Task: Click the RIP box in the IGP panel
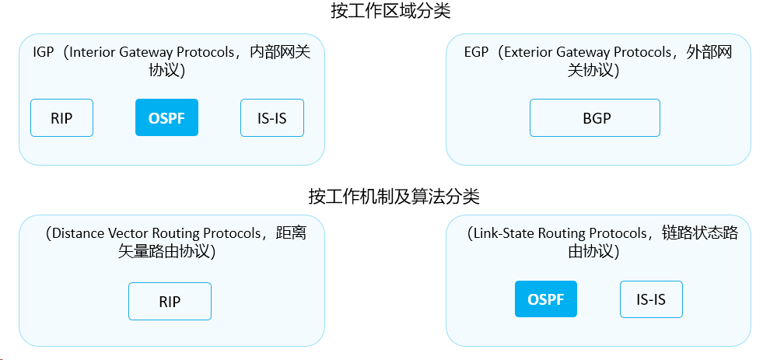pyautogui.click(x=61, y=117)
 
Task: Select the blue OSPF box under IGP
pyautogui.click(x=166, y=117)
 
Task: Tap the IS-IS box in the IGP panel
pyautogui.click(x=272, y=117)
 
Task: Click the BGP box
pyautogui.click(x=595, y=117)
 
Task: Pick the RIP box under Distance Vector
pyautogui.click(x=170, y=301)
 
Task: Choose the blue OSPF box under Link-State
pyautogui.click(x=546, y=299)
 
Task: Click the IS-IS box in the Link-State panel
pyautogui.click(x=651, y=299)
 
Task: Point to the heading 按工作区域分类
pyautogui.click(x=390, y=11)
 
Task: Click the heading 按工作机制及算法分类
pyautogui.click(x=394, y=197)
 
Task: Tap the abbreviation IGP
pyautogui.click(x=43, y=52)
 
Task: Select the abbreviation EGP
pyautogui.click(x=476, y=52)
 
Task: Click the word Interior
pyautogui.click(x=92, y=52)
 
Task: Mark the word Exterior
pyautogui.click(x=529, y=52)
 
